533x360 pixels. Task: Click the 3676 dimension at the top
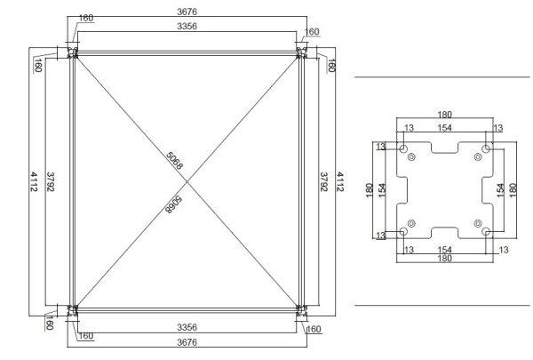[187, 12]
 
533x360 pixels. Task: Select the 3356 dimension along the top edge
[187, 28]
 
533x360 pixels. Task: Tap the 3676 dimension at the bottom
[187, 342]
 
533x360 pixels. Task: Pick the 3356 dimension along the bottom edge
[187, 325]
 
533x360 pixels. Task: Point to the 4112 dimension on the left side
[34, 182]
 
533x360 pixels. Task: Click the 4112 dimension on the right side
[341, 182]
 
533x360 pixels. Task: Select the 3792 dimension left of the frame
[51, 182]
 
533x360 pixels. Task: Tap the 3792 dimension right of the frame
[324, 182]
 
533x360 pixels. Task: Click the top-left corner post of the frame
[73, 55]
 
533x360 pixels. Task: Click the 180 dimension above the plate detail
[444, 115]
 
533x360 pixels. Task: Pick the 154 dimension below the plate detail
[446, 252]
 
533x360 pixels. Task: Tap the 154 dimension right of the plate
[500, 188]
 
